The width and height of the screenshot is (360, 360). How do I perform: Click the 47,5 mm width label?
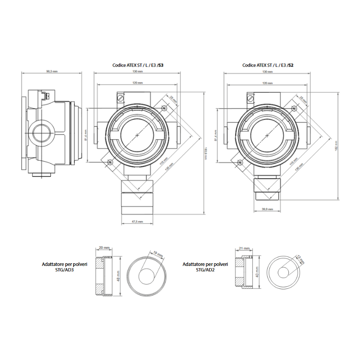click(137, 221)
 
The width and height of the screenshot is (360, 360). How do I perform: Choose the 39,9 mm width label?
click(267, 208)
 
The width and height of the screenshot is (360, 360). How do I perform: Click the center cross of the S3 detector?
click(137, 135)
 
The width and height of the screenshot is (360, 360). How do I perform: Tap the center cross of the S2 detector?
click(267, 135)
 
